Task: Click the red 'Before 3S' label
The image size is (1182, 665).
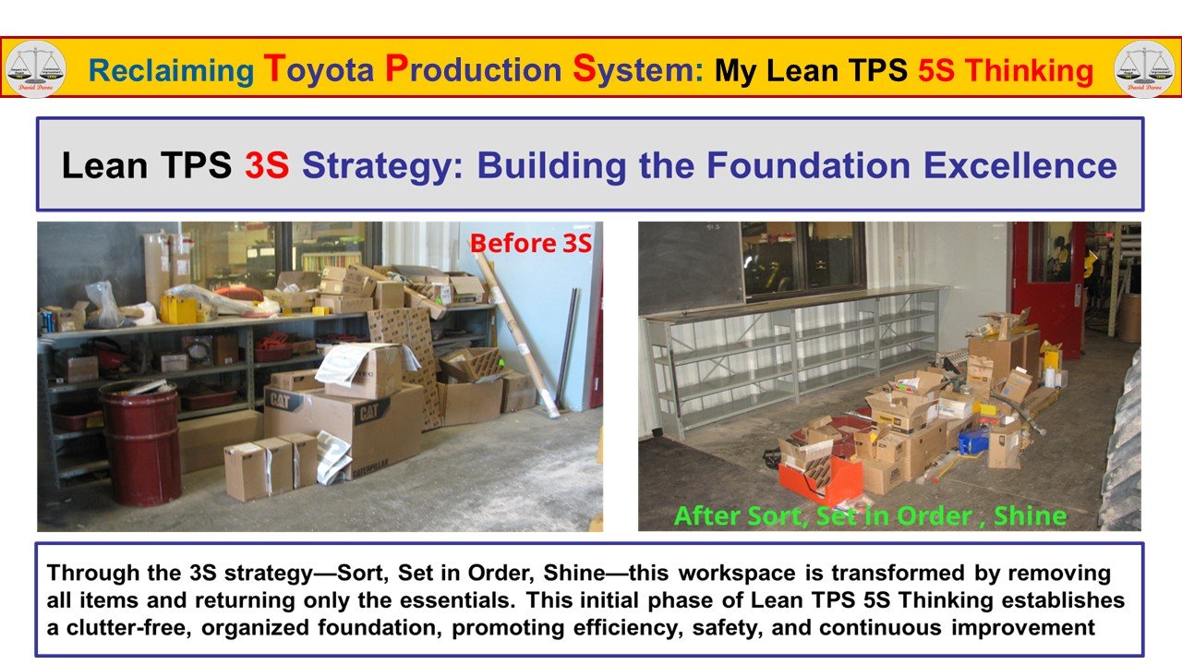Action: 531,243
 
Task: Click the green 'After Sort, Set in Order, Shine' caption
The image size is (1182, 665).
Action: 870,514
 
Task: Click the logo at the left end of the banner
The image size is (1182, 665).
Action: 35,69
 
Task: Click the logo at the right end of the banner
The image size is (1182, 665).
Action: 1144,69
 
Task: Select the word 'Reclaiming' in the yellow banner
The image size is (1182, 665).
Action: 171,70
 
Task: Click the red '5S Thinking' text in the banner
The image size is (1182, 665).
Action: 1006,70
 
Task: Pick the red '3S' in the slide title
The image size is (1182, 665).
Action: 267,165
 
